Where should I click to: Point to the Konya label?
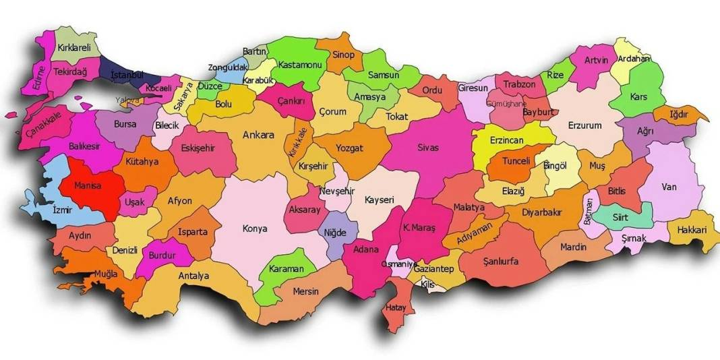pos(255,229)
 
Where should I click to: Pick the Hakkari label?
pos(691,230)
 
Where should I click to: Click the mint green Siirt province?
pos(620,217)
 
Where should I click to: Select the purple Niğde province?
pos(335,233)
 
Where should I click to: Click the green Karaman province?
pos(287,269)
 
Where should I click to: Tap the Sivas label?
pos(429,146)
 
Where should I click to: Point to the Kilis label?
pos(427,284)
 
